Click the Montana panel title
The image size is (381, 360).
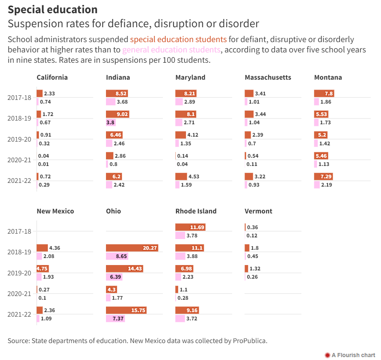[x=328, y=77]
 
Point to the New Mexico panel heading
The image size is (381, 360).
[x=55, y=211]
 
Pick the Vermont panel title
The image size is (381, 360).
[x=258, y=211]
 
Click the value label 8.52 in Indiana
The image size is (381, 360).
[x=121, y=94]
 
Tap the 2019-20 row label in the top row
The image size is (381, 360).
[x=19, y=139]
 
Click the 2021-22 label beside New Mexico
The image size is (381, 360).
[x=19, y=314]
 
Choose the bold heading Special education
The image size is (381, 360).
[x=53, y=9]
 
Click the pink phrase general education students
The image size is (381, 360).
[x=172, y=50]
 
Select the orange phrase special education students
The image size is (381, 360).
[x=178, y=40]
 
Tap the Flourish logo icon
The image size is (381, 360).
[x=327, y=355]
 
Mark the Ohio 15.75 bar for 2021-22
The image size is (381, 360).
[x=126, y=310]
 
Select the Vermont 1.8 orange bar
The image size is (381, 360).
[x=247, y=248]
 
